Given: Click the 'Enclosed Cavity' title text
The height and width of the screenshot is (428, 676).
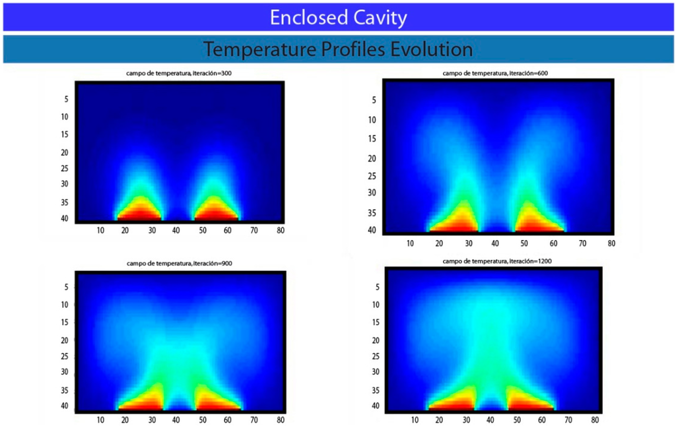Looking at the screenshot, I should coord(338,17).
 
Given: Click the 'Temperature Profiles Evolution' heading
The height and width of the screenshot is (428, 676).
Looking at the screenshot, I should coord(338,49).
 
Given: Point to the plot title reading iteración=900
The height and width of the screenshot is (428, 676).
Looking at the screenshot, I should coord(179,263).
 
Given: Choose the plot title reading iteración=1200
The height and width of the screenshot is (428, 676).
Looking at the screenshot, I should coord(496,261).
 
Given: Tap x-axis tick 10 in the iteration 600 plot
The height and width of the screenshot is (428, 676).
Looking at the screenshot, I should coord(410,243).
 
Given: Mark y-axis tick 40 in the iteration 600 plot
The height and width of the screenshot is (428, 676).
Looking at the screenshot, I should coord(372,230).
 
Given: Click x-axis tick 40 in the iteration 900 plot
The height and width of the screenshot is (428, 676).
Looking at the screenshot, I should coord(176,419).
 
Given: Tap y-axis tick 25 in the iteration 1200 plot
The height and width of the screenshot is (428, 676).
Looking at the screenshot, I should coord(376,356).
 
